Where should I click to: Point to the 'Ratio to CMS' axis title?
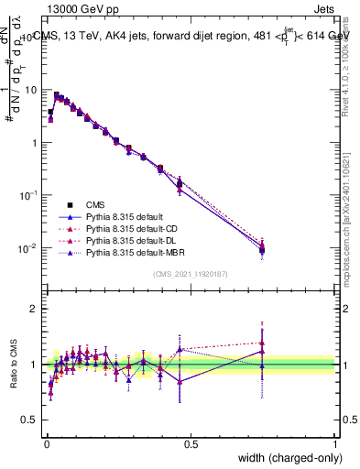[x=14, y=365]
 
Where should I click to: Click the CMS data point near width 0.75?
[x=262, y=250]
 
